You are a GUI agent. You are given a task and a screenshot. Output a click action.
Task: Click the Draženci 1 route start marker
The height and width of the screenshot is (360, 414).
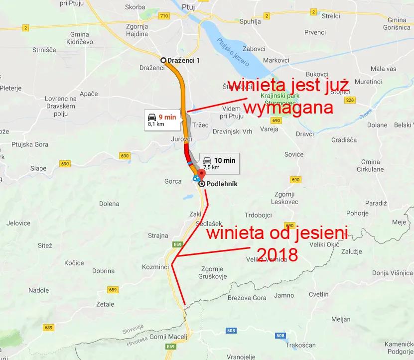click(163, 60)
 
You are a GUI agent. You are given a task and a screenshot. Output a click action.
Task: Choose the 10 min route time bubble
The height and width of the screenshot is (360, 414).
click(218, 163)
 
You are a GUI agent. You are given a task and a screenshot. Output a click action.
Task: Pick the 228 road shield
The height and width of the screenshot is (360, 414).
click(350, 101)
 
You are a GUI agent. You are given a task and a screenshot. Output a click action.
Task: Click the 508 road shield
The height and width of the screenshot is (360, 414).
click(231, 330)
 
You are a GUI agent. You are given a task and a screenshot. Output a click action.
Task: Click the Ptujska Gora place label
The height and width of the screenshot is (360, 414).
click(31, 144)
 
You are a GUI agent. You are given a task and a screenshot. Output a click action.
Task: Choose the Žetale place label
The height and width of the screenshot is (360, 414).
click(105, 304)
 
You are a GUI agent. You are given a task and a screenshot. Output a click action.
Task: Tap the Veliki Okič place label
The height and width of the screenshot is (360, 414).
click(324, 244)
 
